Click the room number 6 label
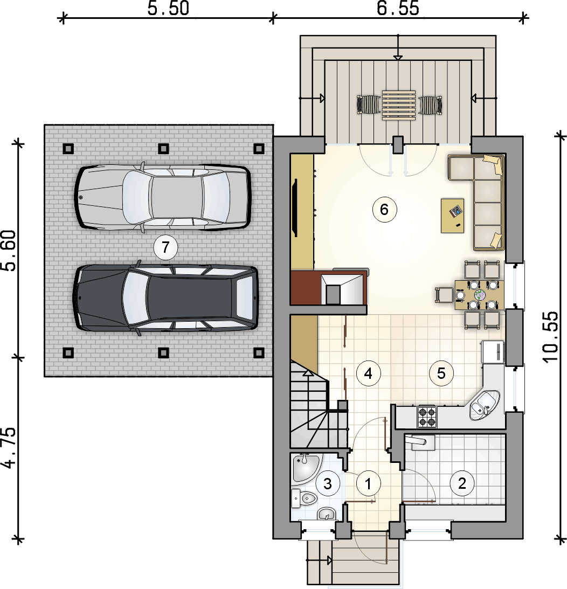tap(384, 209)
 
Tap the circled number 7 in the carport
tap(165, 247)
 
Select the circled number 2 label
tap(462, 483)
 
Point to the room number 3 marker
tap(327, 483)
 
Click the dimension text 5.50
tap(168, 9)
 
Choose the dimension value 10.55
tap(550, 337)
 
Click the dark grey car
tap(165, 298)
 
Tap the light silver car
tap(162, 198)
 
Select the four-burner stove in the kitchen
tap(427, 417)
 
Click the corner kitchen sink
tap(485, 405)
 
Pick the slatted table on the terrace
tap(399, 105)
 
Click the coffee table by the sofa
tap(452, 216)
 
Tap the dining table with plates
tap(480, 294)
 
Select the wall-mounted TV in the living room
tap(295, 208)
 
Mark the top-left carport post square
tap(68, 149)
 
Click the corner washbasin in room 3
tap(306, 467)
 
